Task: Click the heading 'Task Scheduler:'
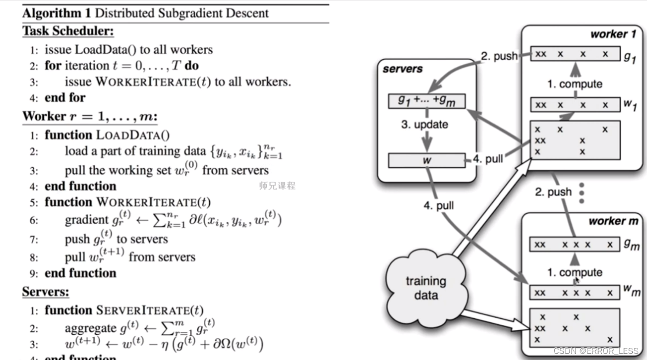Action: (x=68, y=31)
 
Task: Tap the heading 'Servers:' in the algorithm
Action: (x=46, y=291)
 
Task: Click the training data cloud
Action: (x=425, y=287)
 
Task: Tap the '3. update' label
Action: (x=424, y=124)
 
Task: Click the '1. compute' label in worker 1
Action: (x=574, y=84)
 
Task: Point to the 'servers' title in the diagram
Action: (x=402, y=69)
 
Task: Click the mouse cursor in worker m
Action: (x=577, y=280)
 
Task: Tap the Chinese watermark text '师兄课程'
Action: (x=277, y=186)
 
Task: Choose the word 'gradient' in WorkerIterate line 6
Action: (x=87, y=220)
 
